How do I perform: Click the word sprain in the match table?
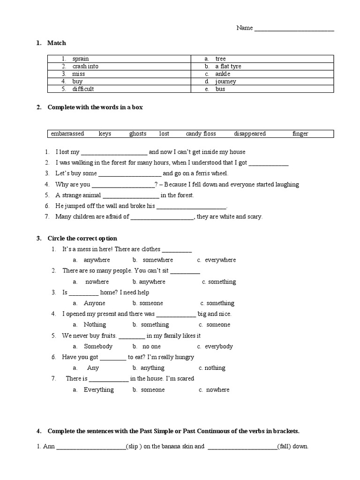click(x=81, y=59)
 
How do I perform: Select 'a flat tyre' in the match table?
click(x=228, y=67)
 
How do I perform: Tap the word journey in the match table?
click(x=225, y=82)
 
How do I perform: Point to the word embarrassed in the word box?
click(x=67, y=134)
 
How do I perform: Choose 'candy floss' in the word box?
click(x=201, y=134)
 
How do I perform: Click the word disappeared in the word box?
click(x=250, y=134)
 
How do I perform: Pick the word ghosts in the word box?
click(x=138, y=134)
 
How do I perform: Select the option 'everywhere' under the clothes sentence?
click(x=220, y=260)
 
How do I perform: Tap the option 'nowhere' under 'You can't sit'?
click(x=97, y=282)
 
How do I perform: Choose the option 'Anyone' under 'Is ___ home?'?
click(x=95, y=303)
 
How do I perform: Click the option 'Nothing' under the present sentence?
click(x=95, y=325)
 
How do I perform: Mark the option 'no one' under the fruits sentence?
click(x=151, y=347)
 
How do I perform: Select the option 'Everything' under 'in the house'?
click(x=98, y=390)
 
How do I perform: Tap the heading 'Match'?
click(x=57, y=43)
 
